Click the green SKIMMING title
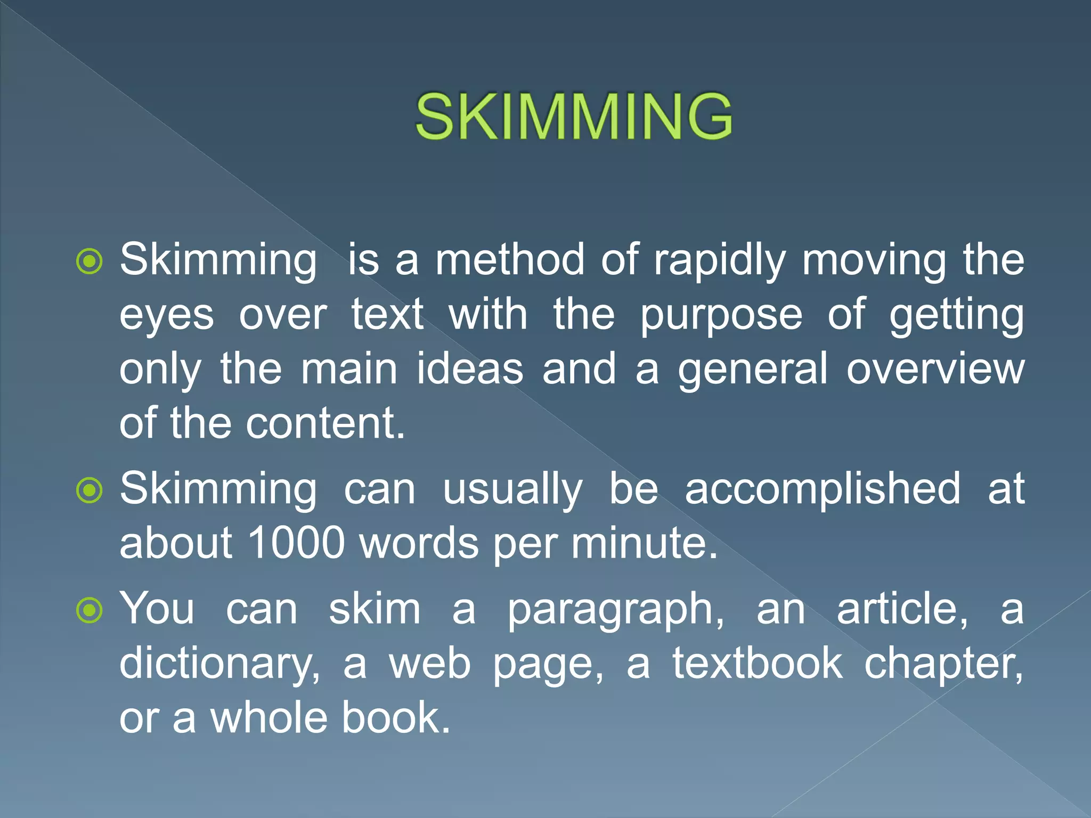click(x=574, y=117)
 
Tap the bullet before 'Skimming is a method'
click(x=89, y=261)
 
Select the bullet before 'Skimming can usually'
click(x=89, y=490)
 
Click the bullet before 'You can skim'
click(x=89, y=610)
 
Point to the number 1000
click(x=296, y=543)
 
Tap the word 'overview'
click(x=935, y=369)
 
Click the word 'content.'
click(x=325, y=423)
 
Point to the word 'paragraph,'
click(x=615, y=611)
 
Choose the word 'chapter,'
click(x=943, y=665)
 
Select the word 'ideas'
click(x=470, y=369)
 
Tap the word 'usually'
click(x=512, y=490)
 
